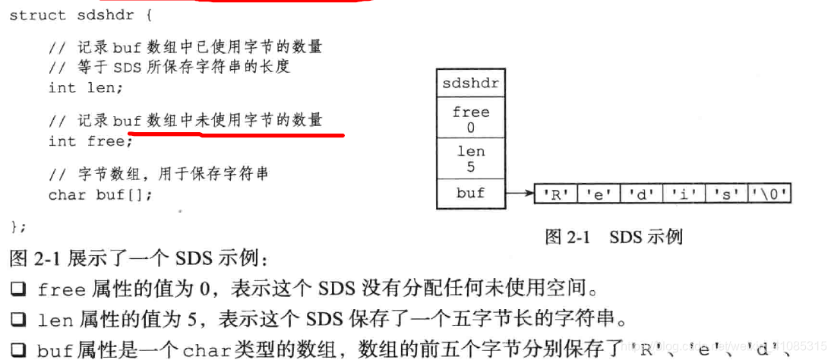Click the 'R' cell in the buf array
coord(555,194)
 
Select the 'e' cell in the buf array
coord(598,194)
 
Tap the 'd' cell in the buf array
coord(640,194)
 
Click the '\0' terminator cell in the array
coord(769,194)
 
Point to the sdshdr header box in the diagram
coord(471,83)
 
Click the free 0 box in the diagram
coord(471,119)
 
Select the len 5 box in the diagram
coord(471,159)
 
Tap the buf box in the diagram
coord(471,193)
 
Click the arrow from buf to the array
coord(520,194)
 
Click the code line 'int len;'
coord(85,87)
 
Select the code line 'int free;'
coord(90,141)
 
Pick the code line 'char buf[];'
coord(100,195)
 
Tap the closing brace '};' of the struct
coord(18,226)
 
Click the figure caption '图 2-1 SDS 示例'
coord(614,237)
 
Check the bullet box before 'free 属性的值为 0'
coord(17,289)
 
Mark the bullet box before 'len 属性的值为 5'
coord(17,320)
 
